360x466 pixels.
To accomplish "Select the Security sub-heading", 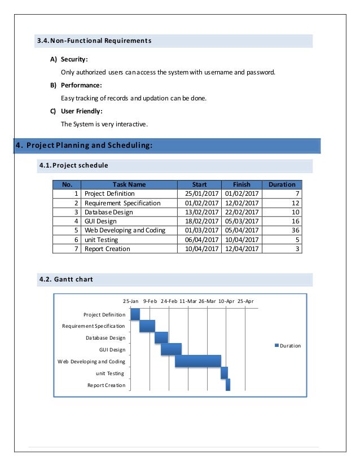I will pos(74,59).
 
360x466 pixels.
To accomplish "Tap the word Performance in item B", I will pos(81,85).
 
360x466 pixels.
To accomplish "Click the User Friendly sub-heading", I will pos(81,111).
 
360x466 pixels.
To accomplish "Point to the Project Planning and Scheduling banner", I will pos(85,146).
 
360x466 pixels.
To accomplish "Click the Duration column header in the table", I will pos(282,184).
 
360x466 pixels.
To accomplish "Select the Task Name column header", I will pos(129,184).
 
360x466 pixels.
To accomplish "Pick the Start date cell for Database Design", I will pos(201,212).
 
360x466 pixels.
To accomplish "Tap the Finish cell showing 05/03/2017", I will pos(241,221).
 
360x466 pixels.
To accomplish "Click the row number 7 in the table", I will pos(76,249).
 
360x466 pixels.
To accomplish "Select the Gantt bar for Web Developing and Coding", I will pos(197,361).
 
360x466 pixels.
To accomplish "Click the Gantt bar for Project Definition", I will pos(135,314).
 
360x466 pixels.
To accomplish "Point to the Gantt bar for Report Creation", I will pos(228,385).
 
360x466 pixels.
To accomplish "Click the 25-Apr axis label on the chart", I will pos(245,301).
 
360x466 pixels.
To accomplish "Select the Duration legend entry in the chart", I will pos(288,346).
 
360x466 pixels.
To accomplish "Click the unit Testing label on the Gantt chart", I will pos(109,373).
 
